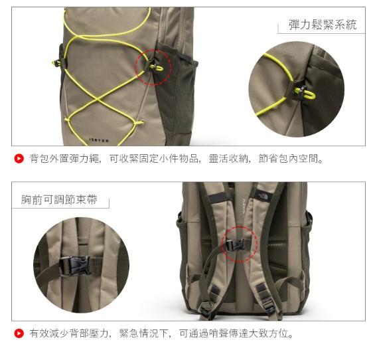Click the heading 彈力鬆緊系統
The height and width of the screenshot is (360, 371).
[323, 25]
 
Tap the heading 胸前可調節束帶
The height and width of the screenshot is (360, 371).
[59, 199]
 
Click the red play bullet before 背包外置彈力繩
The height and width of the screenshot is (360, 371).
[19, 159]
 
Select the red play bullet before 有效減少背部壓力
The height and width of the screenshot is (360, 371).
[19, 333]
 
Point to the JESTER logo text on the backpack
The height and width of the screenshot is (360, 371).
[99, 140]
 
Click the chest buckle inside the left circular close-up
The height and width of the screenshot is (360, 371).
[75, 266]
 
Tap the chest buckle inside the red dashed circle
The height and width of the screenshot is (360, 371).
[235, 245]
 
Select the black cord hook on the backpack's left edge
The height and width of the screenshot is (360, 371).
[57, 62]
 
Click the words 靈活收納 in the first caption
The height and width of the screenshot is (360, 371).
[228, 159]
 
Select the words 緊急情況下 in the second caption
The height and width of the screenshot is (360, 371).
[144, 333]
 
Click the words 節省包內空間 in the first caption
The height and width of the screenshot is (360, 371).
[288, 159]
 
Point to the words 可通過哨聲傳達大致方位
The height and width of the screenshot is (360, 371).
[234, 333]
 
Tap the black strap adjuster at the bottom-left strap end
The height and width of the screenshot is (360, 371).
[205, 309]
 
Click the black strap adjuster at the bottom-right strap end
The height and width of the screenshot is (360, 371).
[269, 306]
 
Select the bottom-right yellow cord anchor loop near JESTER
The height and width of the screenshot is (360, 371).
[139, 123]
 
